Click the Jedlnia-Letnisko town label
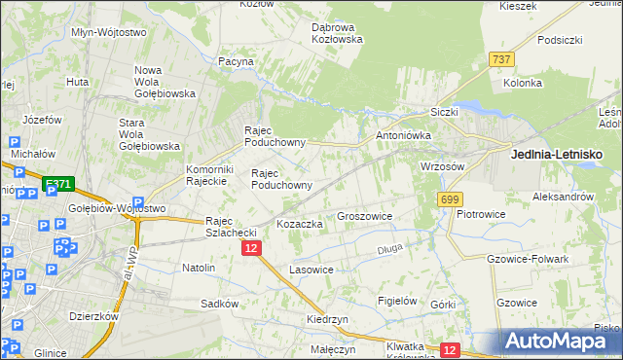(x=558, y=155)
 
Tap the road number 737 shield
(x=502, y=59)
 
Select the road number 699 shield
(x=449, y=199)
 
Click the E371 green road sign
(x=58, y=183)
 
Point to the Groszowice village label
(x=364, y=216)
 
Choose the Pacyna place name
(x=237, y=61)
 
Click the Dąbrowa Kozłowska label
(x=337, y=33)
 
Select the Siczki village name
(x=443, y=112)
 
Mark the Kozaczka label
(x=300, y=224)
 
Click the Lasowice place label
(x=311, y=269)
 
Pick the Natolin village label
(x=199, y=267)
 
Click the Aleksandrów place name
(x=563, y=197)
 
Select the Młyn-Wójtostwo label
(x=109, y=32)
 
